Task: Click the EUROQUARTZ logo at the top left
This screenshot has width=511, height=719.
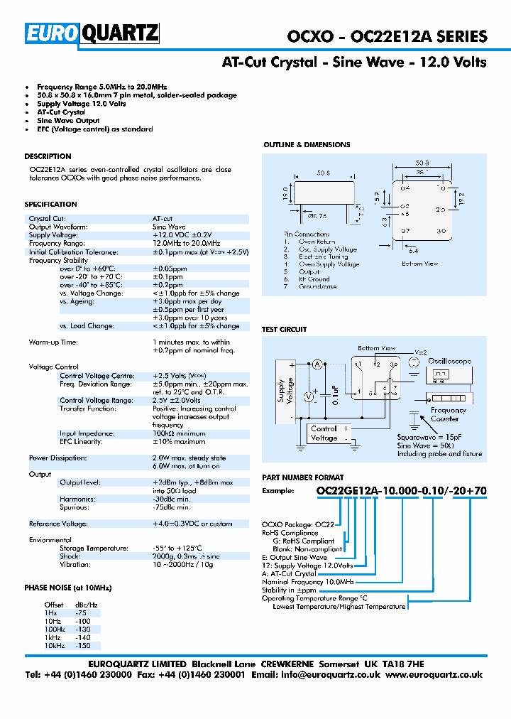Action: click(92, 34)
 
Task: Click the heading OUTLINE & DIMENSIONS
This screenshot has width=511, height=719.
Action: click(307, 145)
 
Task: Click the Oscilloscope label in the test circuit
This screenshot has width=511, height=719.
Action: click(449, 361)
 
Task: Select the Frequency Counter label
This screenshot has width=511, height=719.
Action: click(448, 414)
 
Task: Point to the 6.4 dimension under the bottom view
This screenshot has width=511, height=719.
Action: click(413, 251)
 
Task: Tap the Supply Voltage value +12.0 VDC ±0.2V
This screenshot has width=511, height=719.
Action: click(182, 234)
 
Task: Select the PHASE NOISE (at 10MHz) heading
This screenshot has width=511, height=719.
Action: click(68, 588)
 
